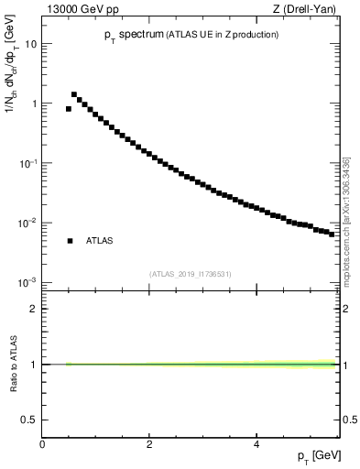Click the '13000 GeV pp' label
[x=78, y=11]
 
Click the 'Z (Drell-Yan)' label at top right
[x=307, y=11]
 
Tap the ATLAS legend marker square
[x=70, y=241]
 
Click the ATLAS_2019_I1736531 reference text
[x=191, y=274]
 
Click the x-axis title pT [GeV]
[x=319, y=455]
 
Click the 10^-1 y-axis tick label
[x=27, y=163]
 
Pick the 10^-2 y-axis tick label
[x=27, y=223]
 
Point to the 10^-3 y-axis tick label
[x=27, y=282]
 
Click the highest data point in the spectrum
[x=74, y=94]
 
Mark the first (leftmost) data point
[x=69, y=109]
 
